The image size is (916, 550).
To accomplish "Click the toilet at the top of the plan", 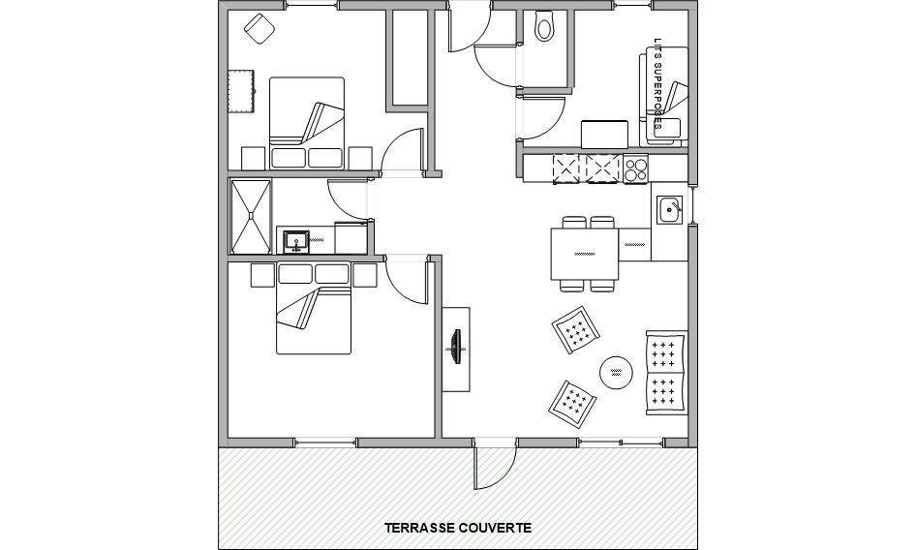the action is pyautogui.click(x=544, y=25).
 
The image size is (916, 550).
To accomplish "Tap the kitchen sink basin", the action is pyautogui.click(x=669, y=210).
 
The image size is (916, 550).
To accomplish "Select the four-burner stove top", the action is pyautogui.click(x=635, y=168).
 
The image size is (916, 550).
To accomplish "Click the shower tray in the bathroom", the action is pyautogui.click(x=251, y=216).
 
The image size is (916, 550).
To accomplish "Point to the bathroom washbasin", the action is pyautogui.click(x=296, y=241).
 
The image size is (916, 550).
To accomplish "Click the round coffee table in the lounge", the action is pyautogui.click(x=616, y=373).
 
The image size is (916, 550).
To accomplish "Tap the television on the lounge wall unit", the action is pyautogui.click(x=456, y=348).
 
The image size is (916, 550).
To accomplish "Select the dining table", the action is pyautogui.click(x=585, y=254).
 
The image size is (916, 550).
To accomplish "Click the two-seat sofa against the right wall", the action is pyautogui.click(x=666, y=373).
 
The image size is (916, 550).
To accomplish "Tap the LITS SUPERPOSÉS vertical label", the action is pyautogui.click(x=657, y=84).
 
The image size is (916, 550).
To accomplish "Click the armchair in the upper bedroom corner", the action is pyautogui.click(x=260, y=29).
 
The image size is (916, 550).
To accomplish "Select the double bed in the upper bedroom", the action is pyautogui.click(x=307, y=123).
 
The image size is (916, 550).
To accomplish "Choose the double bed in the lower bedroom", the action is pyautogui.click(x=314, y=308).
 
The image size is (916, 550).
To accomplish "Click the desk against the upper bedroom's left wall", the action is pyautogui.click(x=240, y=91).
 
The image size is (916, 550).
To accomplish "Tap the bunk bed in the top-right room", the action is pyautogui.click(x=664, y=97).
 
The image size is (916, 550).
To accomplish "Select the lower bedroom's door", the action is pyautogui.click(x=409, y=281).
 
